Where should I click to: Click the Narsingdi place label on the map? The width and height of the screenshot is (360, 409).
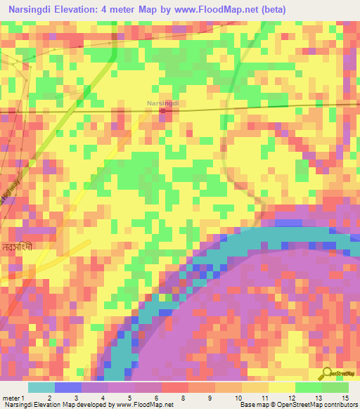(163, 103)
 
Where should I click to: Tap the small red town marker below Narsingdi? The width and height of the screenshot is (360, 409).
(163, 110)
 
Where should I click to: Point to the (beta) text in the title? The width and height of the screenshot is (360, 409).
(271, 9)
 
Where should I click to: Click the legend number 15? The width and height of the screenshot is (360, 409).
(344, 397)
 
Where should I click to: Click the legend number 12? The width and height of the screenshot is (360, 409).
(271, 397)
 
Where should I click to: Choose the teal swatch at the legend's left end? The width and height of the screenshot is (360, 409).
(41, 387)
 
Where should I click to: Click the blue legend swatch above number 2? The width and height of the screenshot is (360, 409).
(67, 387)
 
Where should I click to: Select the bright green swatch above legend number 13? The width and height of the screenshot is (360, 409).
(308, 387)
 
